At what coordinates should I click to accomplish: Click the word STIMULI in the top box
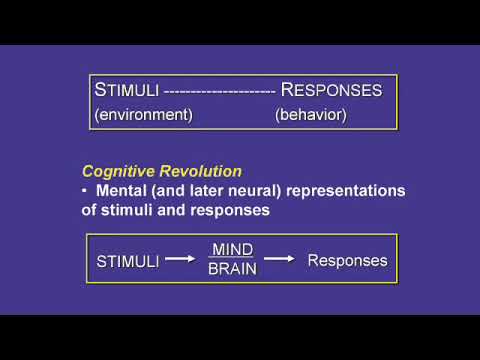pyautogui.click(x=129, y=90)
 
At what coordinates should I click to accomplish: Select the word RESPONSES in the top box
pyautogui.click(x=331, y=90)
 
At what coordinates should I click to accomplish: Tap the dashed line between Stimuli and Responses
pyautogui.click(x=222, y=91)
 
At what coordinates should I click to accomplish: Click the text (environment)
pyautogui.click(x=143, y=115)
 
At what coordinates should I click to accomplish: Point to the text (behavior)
pyautogui.click(x=310, y=115)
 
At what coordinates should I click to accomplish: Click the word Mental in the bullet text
pyautogui.click(x=124, y=190)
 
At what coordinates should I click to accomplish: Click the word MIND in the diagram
pyautogui.click(x=231, y=249)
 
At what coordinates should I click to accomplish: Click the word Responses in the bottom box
pyautogui.click(x=347, y=261)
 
